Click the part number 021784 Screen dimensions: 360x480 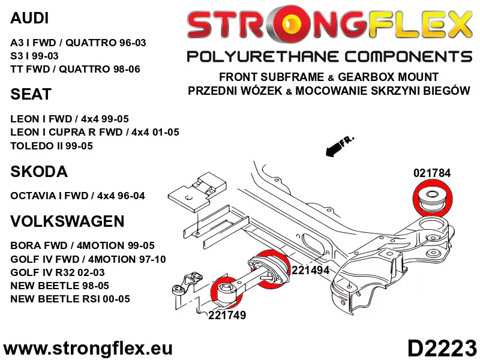[x=431, y=173]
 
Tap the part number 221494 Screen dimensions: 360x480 [x=310, y=270]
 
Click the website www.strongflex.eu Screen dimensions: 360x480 [x=88, y=348]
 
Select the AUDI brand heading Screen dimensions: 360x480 [x=30, y=19]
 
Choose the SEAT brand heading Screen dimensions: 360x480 [x=31, y=95]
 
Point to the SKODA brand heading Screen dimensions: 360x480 [x=39, y=172]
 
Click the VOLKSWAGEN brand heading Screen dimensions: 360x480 [x=67, y=221]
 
